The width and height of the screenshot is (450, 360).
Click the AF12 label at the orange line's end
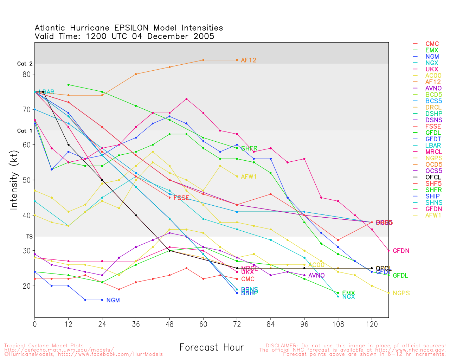pos(249,60)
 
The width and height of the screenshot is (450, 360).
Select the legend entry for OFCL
pos(433,177)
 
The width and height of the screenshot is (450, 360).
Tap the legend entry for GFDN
pos(433,209)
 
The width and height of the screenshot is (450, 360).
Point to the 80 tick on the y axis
pos(27,74)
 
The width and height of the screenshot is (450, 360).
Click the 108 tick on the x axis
pos(338,324)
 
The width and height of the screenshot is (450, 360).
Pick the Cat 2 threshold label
pos(25,64)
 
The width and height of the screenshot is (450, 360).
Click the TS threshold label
pos(29,237)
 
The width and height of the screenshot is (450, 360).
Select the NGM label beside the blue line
pos(113,300)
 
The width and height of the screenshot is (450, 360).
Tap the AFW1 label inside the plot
pos(249,176)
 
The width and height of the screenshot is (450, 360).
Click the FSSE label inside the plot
pos(181,198)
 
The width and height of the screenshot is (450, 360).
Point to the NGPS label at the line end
pos(401,293)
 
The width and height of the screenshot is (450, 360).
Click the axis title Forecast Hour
pos(211,348)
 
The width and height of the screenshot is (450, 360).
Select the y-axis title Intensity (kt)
pos(14,180)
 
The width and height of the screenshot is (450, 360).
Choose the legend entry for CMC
pos(432,44)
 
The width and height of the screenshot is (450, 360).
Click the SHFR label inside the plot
pos(249,148)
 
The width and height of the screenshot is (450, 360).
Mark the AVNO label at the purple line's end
pos(316,276)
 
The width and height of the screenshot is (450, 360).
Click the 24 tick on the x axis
pos(102,324)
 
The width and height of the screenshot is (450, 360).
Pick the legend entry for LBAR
pos(433,145)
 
